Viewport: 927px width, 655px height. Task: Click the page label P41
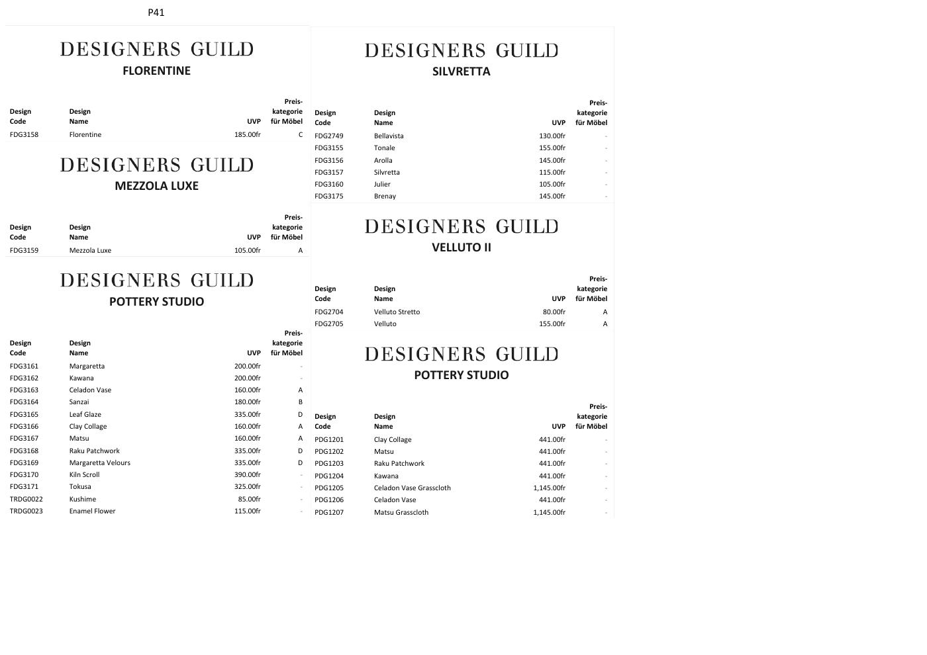pyautogui.click(x=156, y=13)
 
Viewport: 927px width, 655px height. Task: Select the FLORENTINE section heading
pyautogui.click(x=156, y=71)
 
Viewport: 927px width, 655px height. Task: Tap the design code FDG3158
pyautogui.click(x=24, y=135)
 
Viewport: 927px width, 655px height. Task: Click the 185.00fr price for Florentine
pyautogui.click(x=247, y=135)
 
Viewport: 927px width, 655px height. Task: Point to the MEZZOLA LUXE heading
pyautogui.click(x=156, y=186)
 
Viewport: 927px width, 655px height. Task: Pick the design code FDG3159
pyautogui.click(x=24, y=251)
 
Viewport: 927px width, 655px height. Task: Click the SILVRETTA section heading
pyautogui.click(x=461, y=71)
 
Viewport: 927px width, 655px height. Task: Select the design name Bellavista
pyautogui.click(x=389, y=136)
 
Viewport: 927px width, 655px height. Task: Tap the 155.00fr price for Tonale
pyautogui.click(x=552, y=148)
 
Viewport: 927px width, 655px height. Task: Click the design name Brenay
pyautogui.click(x=385, y=196)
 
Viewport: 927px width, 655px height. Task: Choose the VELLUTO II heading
pyautogui.click(x=461, y=247)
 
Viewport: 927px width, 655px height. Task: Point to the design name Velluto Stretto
pyautogui.click(x=397, y=312)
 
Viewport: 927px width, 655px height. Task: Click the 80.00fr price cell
pyautogui.click(x=554, y=312)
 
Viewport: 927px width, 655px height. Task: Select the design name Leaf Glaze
pyautogui.click(x=85, y=415)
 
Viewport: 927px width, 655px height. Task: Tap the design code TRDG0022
pyautogui.click(x=26, y=500)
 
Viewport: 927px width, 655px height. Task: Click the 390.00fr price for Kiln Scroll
pyautogui.click(x=247, y=475)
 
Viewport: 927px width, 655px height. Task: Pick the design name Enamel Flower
pyautogui.click(x=92, y=511)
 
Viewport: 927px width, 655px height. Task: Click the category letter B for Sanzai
pyautogui.click(x=300, y=402)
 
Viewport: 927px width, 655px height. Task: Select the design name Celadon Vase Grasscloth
pyautogui.click(x=412, y=488)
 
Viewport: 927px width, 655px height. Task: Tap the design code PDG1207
pyautogui.click(x=329, y=513)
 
